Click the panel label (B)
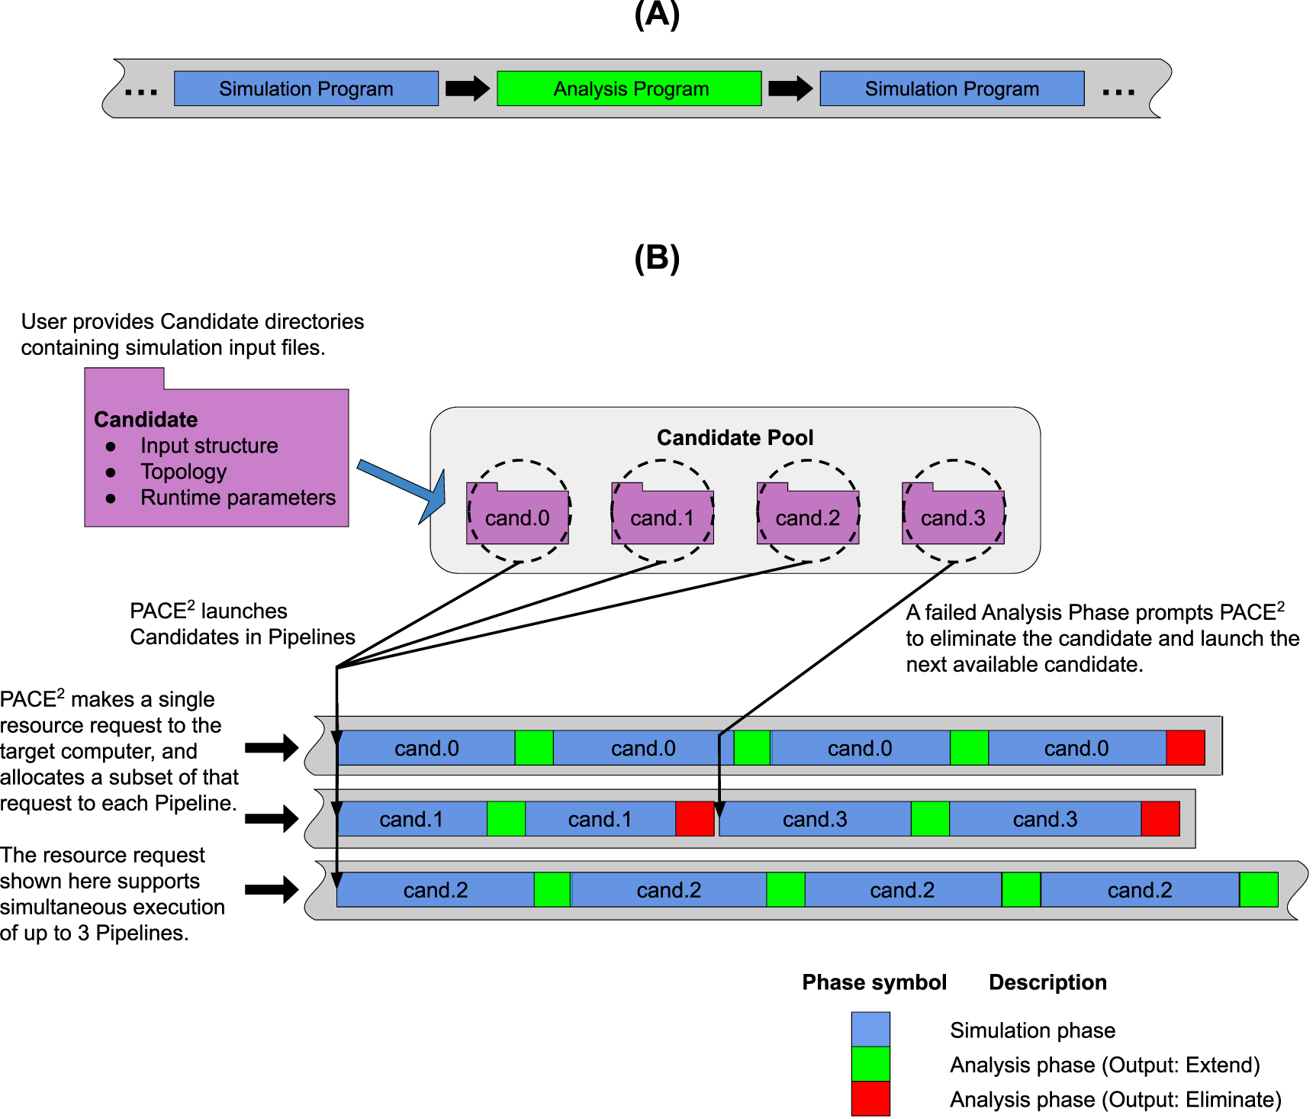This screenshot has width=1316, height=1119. click(x=657, y=258)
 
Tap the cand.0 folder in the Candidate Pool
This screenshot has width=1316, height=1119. click(x=517, y=515)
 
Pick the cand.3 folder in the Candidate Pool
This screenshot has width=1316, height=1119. click(x=953, y=515)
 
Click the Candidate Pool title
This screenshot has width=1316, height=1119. click(x=735, y=437)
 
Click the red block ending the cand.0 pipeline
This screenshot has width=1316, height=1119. click(x=1185, y=748)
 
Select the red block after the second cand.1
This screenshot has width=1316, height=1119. click(x=694, y=819)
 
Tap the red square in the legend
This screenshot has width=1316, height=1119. click(x=870, y=1098)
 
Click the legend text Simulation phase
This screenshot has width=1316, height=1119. click(x=1032, y=1030)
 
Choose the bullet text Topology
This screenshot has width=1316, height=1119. click(x=184, y=472)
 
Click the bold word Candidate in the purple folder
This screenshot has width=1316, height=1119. click(x=146, y=420)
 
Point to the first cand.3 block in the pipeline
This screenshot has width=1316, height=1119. click(x=815, y=819)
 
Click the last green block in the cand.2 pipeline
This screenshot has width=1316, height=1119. click(x=1258, y=890)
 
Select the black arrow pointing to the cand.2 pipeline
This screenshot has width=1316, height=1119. click(x=272, y=889)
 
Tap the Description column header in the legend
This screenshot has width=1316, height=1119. click(x=1047, y=982)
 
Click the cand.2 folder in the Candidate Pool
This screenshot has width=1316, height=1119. click(x=808, y=515)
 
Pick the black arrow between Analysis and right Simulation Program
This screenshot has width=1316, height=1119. click(x=790, y=89)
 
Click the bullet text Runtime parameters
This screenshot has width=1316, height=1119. click(x=238, y=498)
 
